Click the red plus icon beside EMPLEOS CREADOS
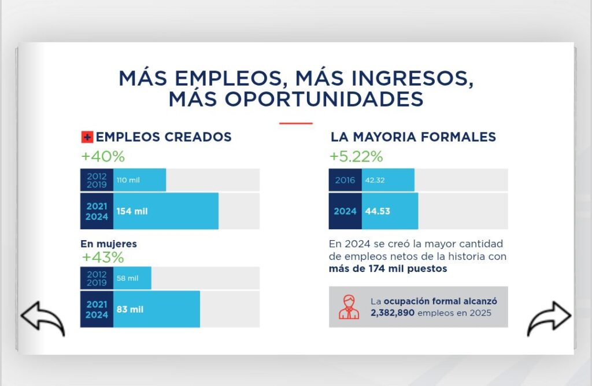coord(87,137)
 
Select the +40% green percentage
coord(103,156)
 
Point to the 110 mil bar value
coord(128,180)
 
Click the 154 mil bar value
coord(132,211)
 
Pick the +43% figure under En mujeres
coord(103,257)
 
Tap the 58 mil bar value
coord(127,278)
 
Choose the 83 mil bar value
coord(129,309)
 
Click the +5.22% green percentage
coord(356,156)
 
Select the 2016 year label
coord(345,180)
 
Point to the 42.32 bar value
coord(375,180)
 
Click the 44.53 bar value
coord(377,211)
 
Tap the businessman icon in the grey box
coord(349,307)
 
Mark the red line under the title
coord(295,123)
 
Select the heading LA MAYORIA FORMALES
coord(413,137)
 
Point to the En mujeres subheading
coord(109,244)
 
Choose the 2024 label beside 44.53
coord(345,211)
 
